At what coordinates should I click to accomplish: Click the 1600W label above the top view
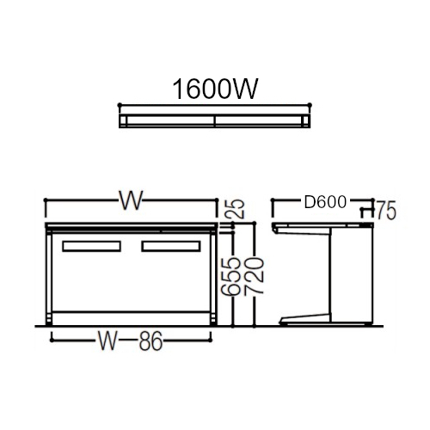pyautogui.click(x=215, y=89)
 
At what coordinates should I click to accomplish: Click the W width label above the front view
pyautogui.click(x=131, y=200)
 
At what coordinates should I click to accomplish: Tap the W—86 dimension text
pyautogui.click(x=131, y=341)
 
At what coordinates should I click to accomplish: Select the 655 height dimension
pyautogui.click(x=230, y=276)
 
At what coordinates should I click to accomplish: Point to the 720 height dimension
pyautogui.click(x=254, y=275)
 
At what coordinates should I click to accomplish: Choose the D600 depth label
pyautogui.click(x=325, y=202)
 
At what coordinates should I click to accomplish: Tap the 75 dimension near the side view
pyautogui.click(x=386, y=210)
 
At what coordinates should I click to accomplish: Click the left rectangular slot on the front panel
pyautogui.click(x=91, y=246)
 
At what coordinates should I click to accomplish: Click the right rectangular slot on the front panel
pyautogui.click(x=171, y=246)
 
